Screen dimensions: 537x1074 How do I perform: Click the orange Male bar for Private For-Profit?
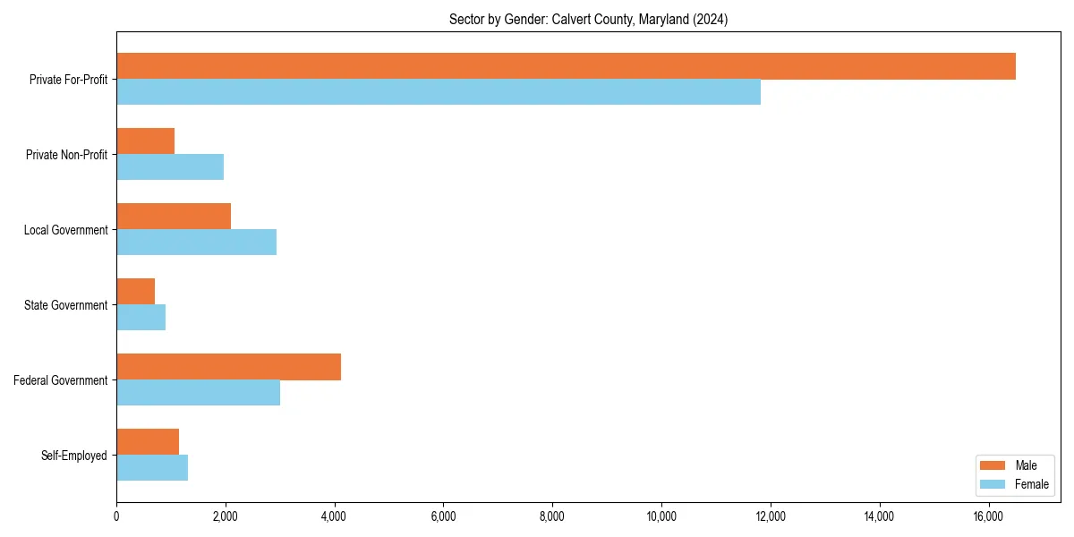point(566,66)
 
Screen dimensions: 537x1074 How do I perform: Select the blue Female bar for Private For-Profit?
point(439,92)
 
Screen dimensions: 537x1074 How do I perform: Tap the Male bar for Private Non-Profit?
point(145,141)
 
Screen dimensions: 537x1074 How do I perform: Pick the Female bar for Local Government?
point(196,242)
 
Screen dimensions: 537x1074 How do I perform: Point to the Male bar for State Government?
point(135,292)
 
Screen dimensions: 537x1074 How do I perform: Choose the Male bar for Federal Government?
point(228,367)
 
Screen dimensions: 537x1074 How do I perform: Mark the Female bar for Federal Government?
point(198,393)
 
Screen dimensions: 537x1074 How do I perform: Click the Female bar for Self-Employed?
point(152,468)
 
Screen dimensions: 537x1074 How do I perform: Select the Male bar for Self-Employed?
point(148,442)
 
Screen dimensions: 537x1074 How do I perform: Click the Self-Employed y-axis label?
point(74,456)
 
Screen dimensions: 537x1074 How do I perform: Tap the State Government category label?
point(66,305)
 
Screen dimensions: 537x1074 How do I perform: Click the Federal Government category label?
point(61,380)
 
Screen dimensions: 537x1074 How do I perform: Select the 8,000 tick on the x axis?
point(552,516)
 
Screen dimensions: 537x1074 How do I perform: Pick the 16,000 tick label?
point(988,516)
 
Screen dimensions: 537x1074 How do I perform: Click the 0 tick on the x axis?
point(116,516)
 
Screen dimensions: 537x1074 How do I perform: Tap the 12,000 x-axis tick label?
point(771,516)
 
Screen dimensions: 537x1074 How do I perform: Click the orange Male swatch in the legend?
point(993,465)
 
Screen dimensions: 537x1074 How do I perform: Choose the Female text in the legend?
point(1031,484)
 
